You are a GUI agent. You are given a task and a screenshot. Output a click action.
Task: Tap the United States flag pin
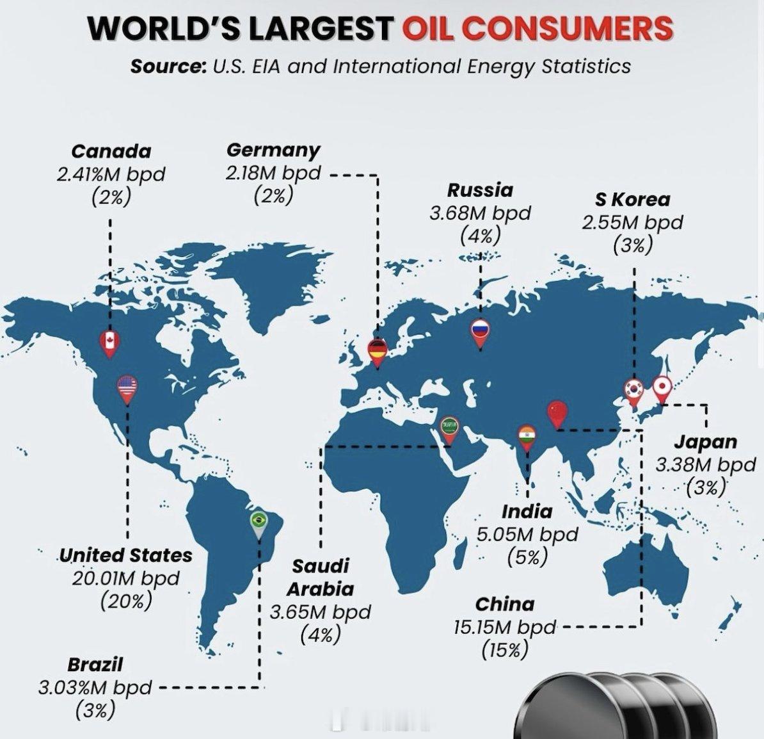[x=127, y=387]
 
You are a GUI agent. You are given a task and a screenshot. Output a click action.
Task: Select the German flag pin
[x=378, y=350]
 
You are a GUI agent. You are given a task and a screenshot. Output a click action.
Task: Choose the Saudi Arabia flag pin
[x=450, y=427]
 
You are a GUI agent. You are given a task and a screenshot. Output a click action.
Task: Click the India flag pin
[x=527, y=436]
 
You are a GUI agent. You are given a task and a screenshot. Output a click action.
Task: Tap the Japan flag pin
[x=661, y=387]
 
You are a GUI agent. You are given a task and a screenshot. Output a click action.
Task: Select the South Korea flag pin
[x=634, y=390]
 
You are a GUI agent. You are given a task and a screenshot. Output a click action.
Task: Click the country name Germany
[x=273, y=150]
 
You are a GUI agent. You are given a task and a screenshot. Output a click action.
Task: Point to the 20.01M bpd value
[x=125, y=578]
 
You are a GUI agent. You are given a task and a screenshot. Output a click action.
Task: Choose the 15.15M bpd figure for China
[x=505, y=627]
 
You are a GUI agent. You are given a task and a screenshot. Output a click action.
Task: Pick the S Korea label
[x=632, y=200]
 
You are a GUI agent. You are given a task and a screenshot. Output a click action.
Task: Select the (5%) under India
[x=527, y=557]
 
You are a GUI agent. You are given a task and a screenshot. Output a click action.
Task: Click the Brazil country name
[x=95, y=664]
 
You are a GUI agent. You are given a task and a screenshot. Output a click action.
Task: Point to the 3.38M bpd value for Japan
[x=705, y=464]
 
